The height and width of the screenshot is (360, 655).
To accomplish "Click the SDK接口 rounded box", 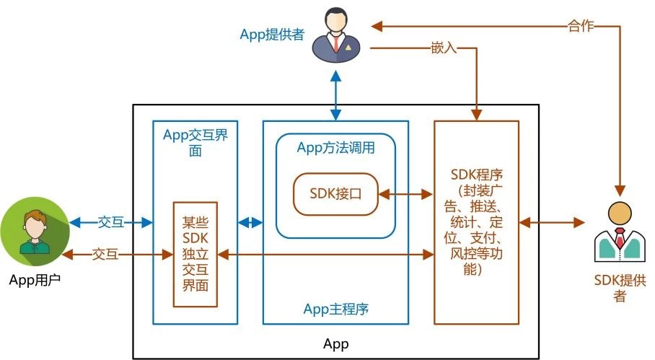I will point(335,194).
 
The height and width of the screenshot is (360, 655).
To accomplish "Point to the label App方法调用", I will point(335,147).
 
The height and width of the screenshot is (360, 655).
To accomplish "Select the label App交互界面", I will point(195,143).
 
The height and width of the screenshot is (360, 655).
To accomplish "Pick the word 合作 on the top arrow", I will point(580,27).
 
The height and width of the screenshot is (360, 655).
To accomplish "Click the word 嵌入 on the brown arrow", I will point(441,49).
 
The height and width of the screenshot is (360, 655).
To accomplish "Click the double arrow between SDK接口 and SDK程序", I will point(405,194).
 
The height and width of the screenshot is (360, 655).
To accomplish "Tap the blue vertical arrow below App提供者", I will point(335,92).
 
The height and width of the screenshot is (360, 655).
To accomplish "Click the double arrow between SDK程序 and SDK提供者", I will point(552,222).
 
